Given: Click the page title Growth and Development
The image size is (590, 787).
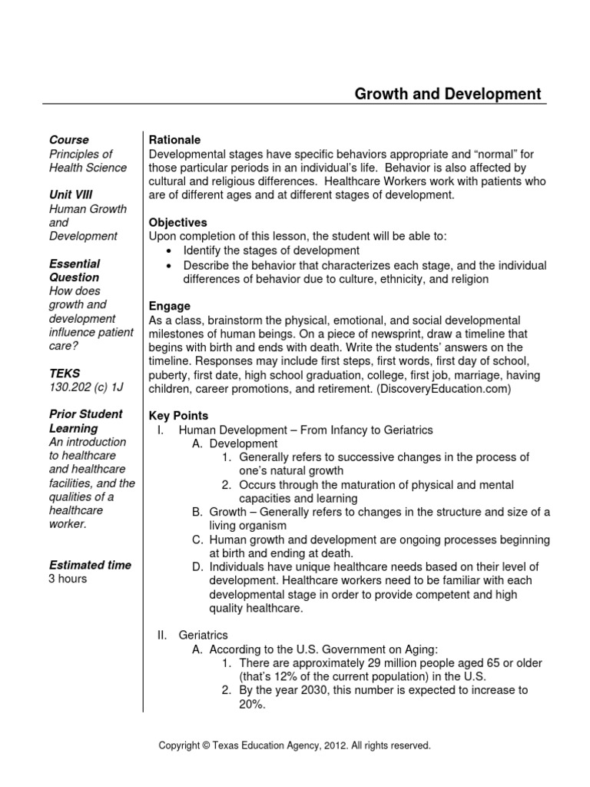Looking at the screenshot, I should tap(447, 94).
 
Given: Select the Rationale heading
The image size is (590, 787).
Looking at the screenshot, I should tap(174, 140).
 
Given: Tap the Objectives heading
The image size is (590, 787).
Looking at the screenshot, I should tap(177, 223).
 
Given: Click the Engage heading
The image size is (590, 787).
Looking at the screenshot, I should tap(169, 306).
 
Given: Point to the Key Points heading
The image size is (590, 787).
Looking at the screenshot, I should tap(178, 416).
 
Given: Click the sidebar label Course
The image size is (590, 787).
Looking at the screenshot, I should tap(69, 140).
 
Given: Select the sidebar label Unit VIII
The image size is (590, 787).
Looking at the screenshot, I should tap(71, 195).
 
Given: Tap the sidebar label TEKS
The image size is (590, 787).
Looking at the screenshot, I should tap(65, 374).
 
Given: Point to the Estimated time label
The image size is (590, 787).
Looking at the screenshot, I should tap(90, 565).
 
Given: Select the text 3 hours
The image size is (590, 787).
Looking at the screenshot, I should tap(68, 579).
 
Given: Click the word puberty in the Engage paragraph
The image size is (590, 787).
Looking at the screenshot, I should tap(168, 375).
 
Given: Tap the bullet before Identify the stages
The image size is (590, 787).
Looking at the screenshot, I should tap(168, 251).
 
